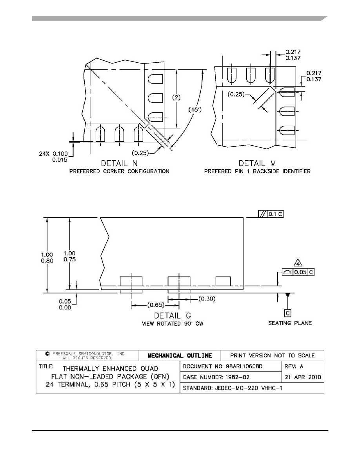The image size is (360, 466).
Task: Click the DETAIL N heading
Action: click(119, 163)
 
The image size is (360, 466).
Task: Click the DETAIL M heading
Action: click(257, 163)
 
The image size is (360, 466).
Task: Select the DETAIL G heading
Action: click(173, 316)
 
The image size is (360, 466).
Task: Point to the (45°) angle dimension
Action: click(195, 110)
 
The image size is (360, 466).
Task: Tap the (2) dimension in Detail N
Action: click(176, 98)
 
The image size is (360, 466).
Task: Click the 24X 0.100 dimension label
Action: click(53, 154)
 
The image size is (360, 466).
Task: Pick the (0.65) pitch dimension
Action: click(156, 305)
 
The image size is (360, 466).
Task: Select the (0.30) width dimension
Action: click(207, 299)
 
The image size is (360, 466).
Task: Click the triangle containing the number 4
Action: click(298, 263)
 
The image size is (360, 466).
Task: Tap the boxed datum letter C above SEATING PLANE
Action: click(287, 313)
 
